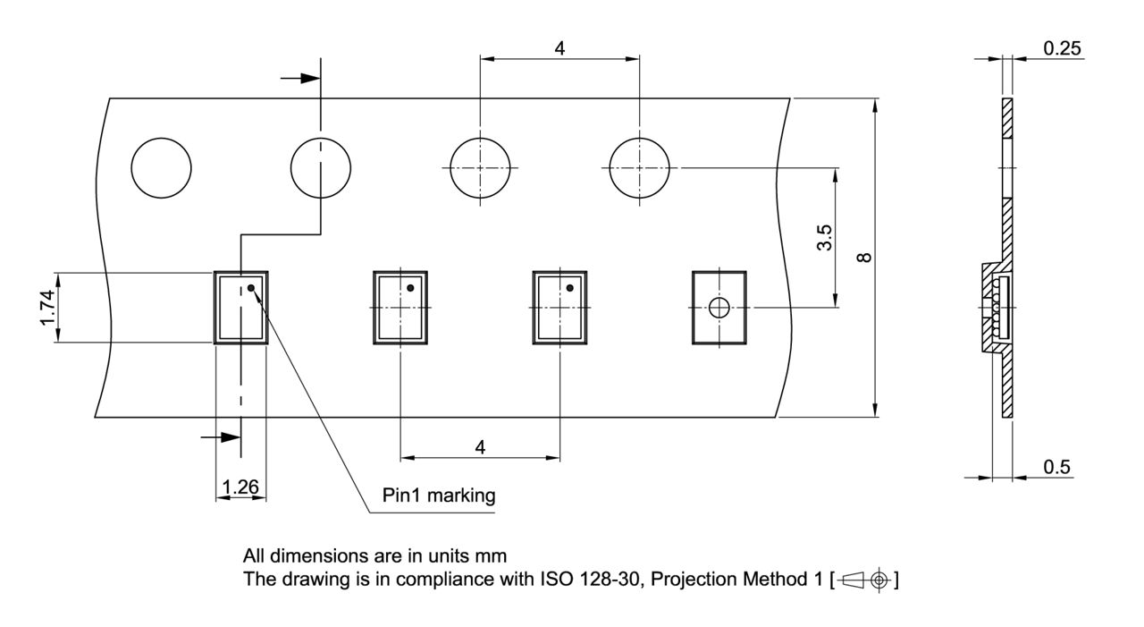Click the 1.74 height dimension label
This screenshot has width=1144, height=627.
[47, 306]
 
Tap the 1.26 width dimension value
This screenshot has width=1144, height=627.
[240, 487]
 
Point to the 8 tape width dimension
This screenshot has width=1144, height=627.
[864, 258]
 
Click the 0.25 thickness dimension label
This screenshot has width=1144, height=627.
[1062, 48]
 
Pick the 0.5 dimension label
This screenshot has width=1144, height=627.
[1058, 467]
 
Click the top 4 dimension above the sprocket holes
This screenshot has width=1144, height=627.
[559, 48]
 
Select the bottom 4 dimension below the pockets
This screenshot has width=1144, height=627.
[480, 447]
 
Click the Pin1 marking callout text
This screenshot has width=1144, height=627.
[439, 496]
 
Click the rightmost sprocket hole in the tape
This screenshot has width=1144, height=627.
[639, 168]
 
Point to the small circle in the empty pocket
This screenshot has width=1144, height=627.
[719, 308]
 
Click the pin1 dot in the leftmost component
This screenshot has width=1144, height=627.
[251, 288]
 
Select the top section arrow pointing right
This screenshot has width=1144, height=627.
[300, 78]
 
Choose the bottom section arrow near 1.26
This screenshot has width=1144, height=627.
[221, 437]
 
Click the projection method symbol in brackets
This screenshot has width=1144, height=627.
[864, 580]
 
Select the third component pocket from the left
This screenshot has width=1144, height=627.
[559, 307]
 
